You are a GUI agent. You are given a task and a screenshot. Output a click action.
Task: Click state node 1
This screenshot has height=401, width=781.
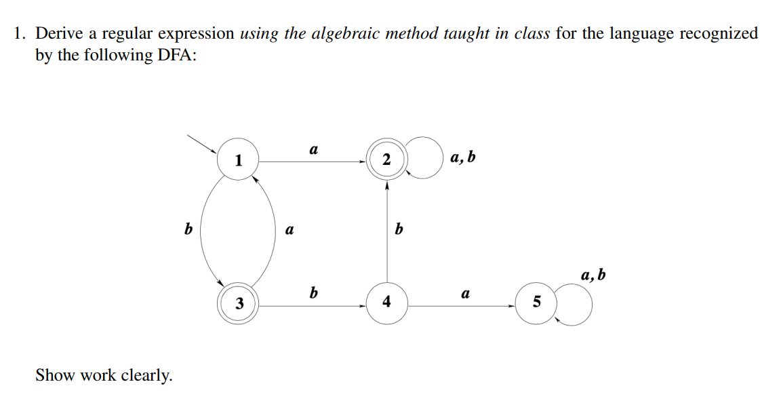click(x=238, y=160)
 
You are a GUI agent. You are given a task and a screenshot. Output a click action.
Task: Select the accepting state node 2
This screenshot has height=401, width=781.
click(x=386, y=160)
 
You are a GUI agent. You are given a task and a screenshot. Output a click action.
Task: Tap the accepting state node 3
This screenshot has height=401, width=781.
click(x=239, y=303)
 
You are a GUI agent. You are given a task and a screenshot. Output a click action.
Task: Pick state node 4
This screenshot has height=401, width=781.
click(x=386, y=302)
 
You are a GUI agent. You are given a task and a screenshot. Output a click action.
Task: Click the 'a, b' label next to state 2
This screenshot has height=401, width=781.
click(x=462, y=158)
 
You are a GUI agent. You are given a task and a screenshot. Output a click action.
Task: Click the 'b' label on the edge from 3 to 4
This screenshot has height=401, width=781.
click(x=313, y=292)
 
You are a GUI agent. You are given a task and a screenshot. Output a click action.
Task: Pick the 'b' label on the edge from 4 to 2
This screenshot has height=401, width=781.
click(x=399, y=230)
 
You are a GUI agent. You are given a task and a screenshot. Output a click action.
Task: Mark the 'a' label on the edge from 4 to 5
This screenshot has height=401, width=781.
click(x=465, y=294)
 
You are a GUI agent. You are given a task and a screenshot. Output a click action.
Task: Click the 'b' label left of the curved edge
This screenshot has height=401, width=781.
click(x=188, y=230)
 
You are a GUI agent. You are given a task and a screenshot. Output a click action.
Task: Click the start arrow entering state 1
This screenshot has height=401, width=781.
click(x=202, y=142)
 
